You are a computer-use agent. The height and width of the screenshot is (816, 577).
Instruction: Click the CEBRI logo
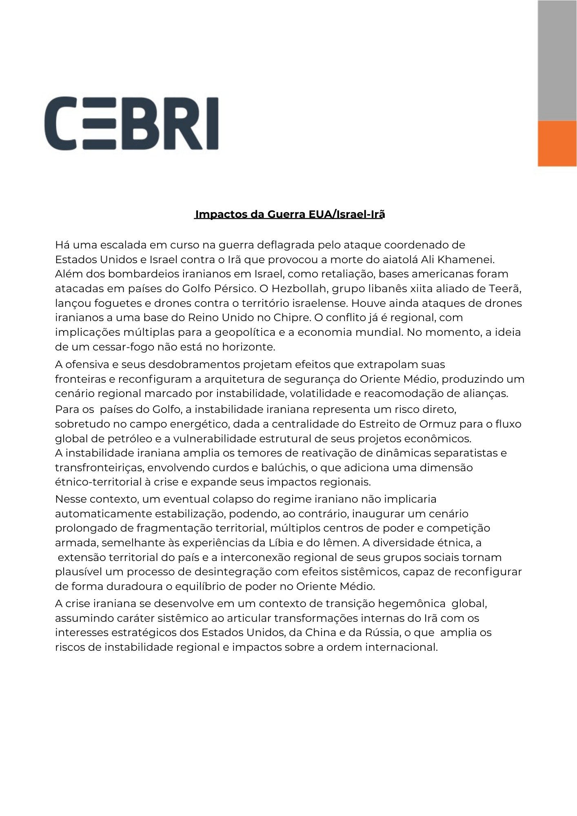131,123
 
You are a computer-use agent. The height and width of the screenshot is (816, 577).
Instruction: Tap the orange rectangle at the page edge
557,143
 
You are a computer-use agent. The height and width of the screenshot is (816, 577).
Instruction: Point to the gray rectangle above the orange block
557,60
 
